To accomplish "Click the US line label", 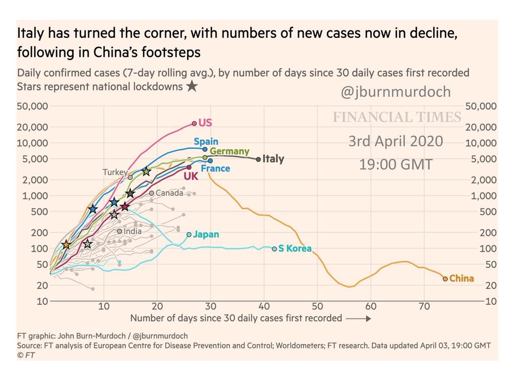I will pos(205,123).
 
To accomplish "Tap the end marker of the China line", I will pos(445,279).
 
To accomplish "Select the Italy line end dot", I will pos(259,159).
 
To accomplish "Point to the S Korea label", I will pos(295,249).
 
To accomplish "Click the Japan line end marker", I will pos(189,234).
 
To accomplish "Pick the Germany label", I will pos(230,151).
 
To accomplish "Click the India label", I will pos(132,231).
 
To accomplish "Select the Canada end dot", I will pos(151,193).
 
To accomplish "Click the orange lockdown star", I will pos(66,245).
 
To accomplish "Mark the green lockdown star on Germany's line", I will pos(146,171).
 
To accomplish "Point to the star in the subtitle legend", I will pos(192,86).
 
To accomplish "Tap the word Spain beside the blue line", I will pos(206,142).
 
